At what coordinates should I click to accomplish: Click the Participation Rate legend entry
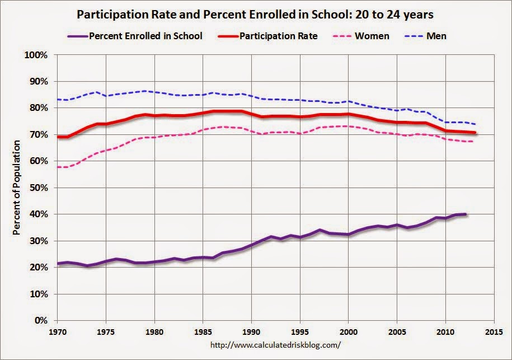pyautogui.click(x=278, y=36)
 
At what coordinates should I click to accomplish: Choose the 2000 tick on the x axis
pyautogui.click(x=348, y=330)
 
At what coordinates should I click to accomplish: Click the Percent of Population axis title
pyautogui.click(x=17, y=188)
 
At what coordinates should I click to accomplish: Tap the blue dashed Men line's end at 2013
pyautogui.click(x=476, y=124)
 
